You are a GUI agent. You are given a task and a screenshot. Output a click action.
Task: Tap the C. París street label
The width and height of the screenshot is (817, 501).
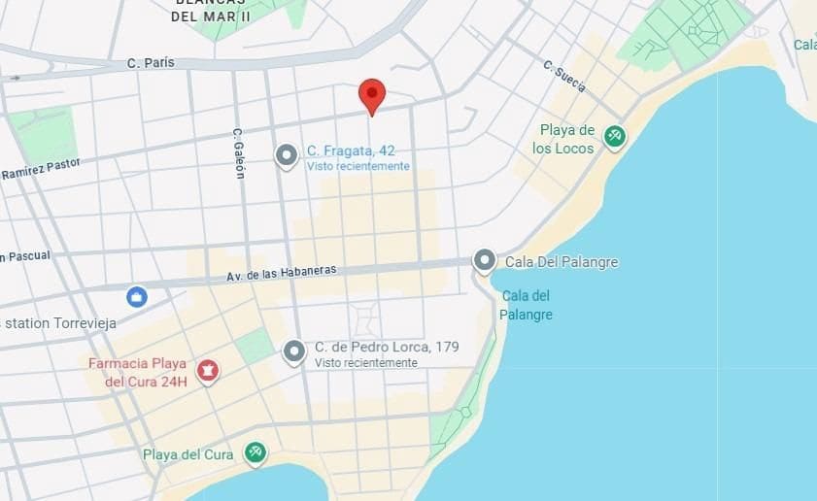[x=151, y=63]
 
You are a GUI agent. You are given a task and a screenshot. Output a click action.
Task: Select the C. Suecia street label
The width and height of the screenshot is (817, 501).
[x=564, y=77]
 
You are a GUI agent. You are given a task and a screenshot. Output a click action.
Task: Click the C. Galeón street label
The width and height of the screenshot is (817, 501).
[x=238, y=152]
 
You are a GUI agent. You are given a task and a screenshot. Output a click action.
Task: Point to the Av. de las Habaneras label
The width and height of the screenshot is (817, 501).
[x=281, y=273]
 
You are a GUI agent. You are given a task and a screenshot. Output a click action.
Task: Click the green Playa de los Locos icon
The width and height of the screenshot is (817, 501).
[x=614, y=136]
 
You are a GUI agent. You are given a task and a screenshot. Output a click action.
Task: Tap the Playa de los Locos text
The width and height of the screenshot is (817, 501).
[x=566, y=139]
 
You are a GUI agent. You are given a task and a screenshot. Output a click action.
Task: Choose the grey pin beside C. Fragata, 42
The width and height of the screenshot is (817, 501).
[x=286, y=155]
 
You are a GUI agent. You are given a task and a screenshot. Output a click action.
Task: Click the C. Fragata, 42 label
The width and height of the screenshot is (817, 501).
[x=351, y=150]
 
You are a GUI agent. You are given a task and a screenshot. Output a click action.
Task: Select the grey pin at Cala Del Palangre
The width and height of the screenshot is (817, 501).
[x=484, y=260]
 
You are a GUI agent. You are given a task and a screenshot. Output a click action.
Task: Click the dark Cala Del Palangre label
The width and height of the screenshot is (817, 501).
[x=562, y=262]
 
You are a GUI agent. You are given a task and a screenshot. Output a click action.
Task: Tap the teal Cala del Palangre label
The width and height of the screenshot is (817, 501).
[x=527, y=305]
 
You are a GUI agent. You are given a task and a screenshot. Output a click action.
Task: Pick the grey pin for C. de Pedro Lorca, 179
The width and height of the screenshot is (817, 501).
[x=294, y=351]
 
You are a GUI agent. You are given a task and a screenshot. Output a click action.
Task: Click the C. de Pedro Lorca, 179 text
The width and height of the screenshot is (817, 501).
[x=387, y=347]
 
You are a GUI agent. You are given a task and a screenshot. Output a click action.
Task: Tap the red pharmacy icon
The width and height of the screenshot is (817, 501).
[x=207, y=370]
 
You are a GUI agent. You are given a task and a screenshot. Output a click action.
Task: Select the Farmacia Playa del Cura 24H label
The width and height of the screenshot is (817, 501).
[x=137, y=372]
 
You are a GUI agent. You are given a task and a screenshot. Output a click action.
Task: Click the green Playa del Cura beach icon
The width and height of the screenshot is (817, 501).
[x=255, y=452]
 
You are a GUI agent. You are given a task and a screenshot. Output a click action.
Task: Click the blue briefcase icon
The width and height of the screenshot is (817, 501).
[x=137, y=296]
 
